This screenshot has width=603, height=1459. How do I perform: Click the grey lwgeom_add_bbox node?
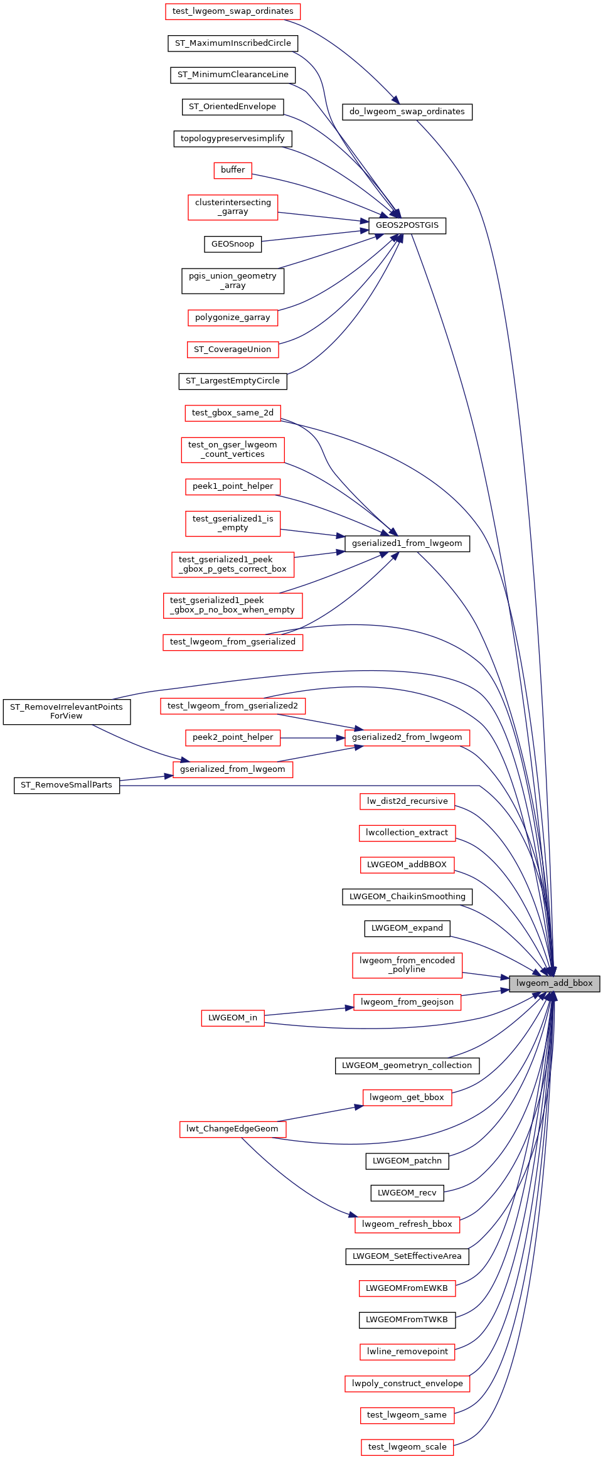554,983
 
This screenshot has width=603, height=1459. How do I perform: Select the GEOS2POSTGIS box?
407,225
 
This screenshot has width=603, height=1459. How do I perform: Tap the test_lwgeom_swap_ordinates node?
233,11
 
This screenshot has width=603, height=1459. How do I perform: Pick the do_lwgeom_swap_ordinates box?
407,112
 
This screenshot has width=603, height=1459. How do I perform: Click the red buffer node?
233,170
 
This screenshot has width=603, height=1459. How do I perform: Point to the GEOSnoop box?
233,244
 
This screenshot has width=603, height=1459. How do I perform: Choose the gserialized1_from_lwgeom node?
407,543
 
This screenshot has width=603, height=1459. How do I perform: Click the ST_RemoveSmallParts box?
67,785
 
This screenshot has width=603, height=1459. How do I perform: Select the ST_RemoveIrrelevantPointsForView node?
67,712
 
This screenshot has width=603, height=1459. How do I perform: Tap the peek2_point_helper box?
233,737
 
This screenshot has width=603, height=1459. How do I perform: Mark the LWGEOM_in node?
233,1018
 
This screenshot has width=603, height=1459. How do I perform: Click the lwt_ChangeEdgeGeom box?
232,1129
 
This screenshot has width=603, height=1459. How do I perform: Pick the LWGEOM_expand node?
407,928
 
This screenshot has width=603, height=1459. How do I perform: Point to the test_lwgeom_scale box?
407,1447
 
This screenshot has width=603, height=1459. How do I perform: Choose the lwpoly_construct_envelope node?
407,1384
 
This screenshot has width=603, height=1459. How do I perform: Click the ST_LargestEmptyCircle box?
233,381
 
